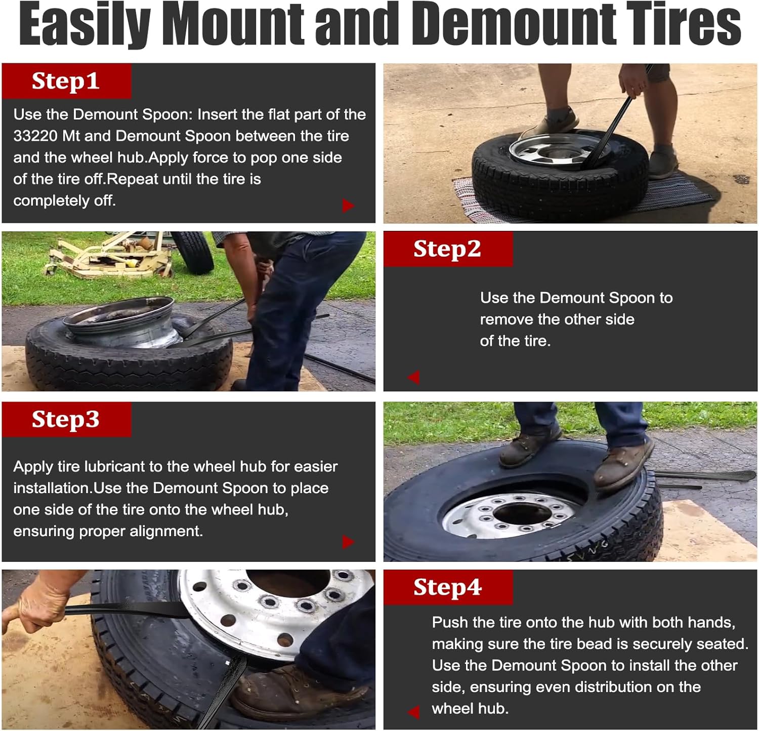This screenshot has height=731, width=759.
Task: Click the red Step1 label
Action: pyautogui.click(x=66, y=81)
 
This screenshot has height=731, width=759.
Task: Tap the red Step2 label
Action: pyautogui.click(x=448, y=249)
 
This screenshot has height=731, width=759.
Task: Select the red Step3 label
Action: pyautogui.click(x=66, y=419)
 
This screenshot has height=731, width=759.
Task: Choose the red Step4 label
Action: pyautogui.click(x=448, y=587)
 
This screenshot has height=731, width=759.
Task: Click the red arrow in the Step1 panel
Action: pyautogui.click(x=348, y=206)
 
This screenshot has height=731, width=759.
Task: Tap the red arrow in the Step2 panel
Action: pyautogui.click(x=413, y=377)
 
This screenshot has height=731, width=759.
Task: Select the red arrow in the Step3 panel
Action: pyautogui.click(x=348, y=542)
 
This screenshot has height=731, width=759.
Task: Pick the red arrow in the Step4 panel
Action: pyautogui.click(x=413, y=712)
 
